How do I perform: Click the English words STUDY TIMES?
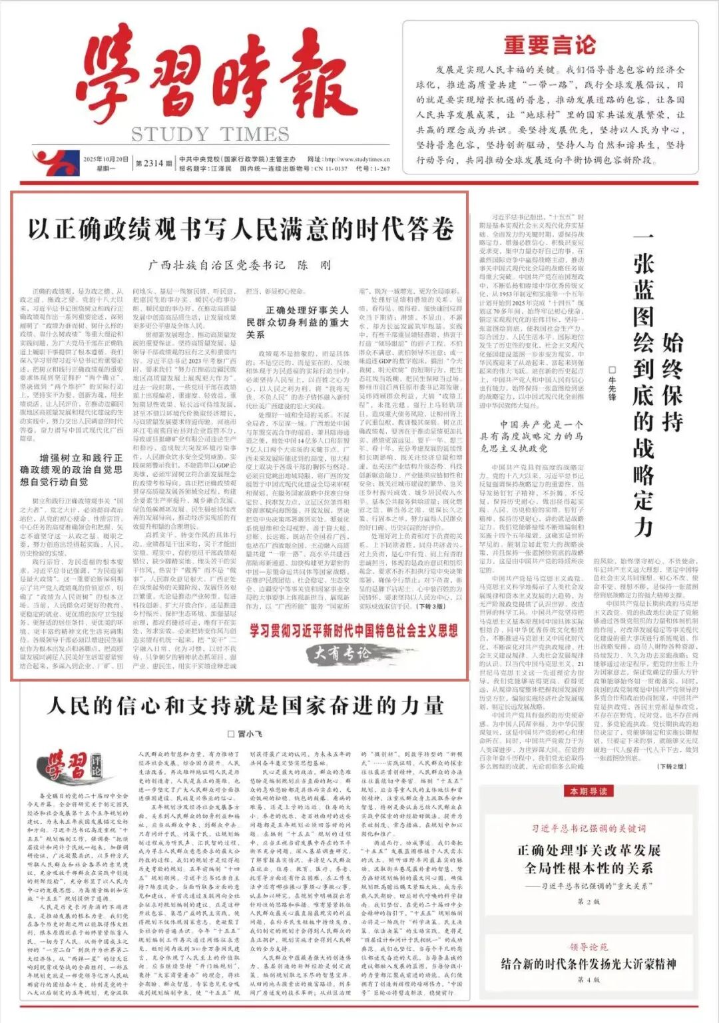(x=210, y=134)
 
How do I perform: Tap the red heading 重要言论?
(x=549, y=45)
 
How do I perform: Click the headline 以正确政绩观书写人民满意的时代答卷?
(x=240, y=229)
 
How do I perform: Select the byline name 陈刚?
(x=314, y=265)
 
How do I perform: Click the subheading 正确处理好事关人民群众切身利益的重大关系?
(x=298, y=322)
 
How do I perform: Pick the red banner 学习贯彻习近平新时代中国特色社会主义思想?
(x=354, y=631)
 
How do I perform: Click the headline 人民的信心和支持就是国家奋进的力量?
(x=245, y=705)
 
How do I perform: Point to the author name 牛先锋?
(x=612, y=383)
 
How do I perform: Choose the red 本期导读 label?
(x=589, y=791)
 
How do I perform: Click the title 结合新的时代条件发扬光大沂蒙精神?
(x=589, y=964)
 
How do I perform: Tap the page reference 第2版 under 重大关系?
(x=589, y=902)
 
